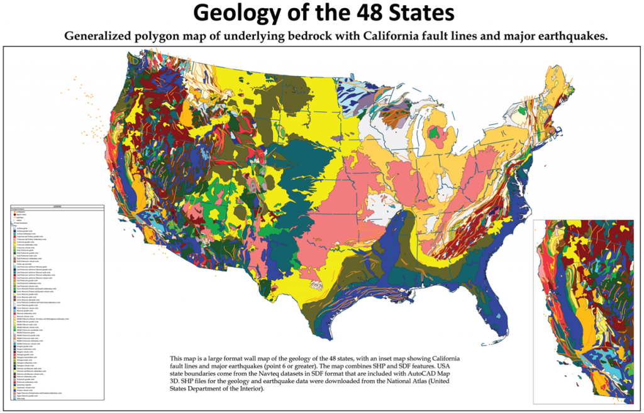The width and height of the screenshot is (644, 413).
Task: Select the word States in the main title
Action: point(417,13)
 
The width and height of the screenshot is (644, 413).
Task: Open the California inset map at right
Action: point(582,311)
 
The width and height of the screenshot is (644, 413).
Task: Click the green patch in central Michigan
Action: point(435,133)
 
